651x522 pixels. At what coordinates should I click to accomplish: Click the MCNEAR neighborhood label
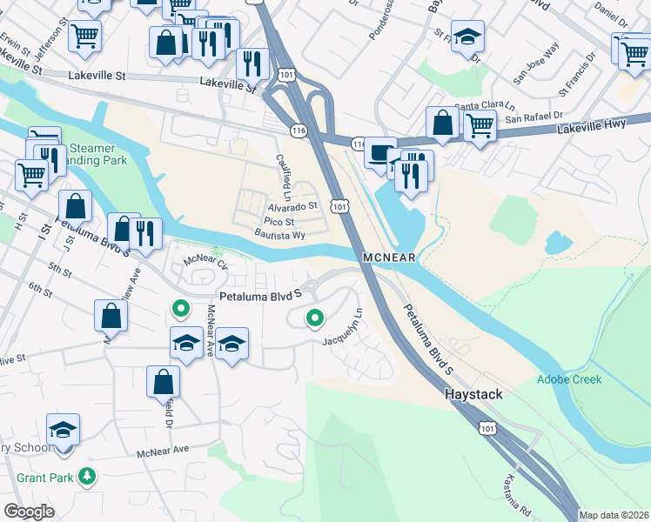(x=390, y=258)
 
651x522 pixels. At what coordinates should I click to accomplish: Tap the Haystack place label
(x=473, y=394)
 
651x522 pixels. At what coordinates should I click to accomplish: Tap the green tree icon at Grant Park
(x=86, y=476)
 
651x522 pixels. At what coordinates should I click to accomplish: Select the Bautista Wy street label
(x=279, y=235)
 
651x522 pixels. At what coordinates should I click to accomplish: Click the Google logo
(x=29, y=512)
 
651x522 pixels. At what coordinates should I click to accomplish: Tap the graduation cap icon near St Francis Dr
(x=468, y=37)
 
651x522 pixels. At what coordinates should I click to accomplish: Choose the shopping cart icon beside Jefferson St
(x=84, y=36)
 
